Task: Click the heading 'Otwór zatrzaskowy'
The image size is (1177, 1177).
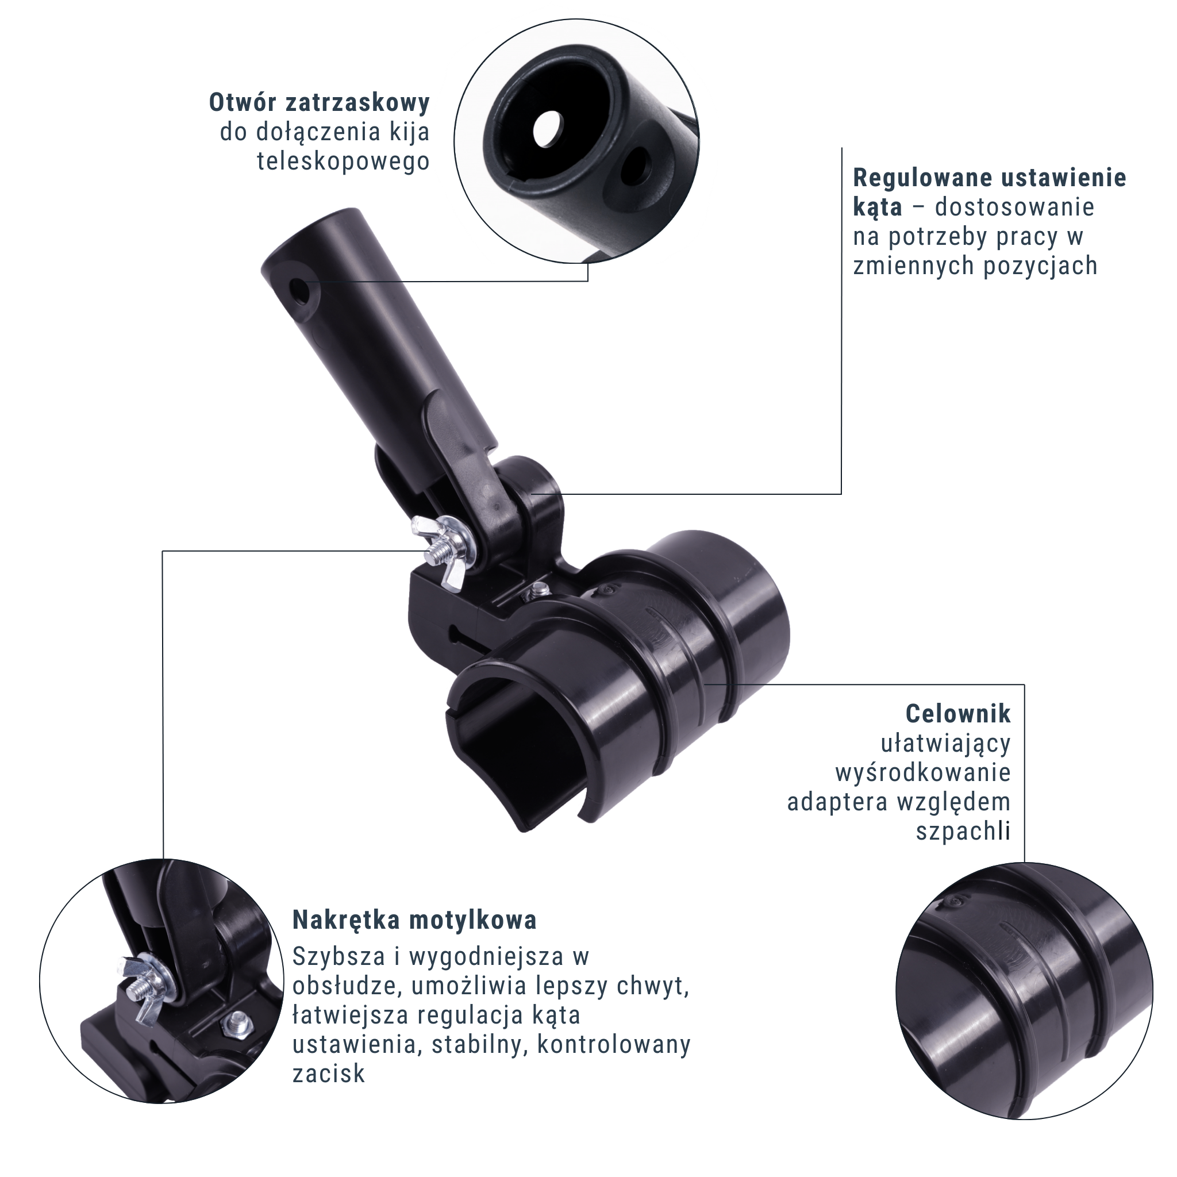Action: (319, 102)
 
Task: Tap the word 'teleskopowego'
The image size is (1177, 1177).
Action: (343, 161)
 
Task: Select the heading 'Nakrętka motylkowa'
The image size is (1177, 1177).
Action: (414, 920)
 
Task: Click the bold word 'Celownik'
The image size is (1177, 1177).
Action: (958, 713)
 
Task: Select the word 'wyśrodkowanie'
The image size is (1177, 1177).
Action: (923, 772)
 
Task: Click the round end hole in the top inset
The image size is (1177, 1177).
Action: (547, 128)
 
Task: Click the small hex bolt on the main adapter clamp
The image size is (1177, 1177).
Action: (537, 589)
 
